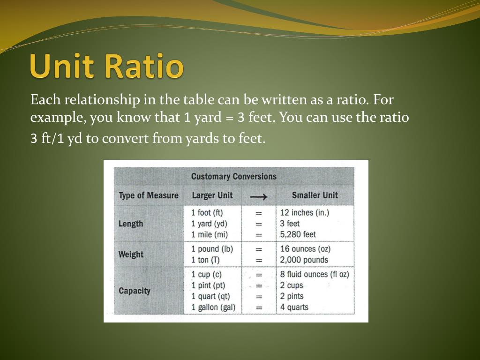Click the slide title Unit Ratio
tap(107, 67)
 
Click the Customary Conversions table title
tap(233, 177)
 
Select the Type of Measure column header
tap(149, 195)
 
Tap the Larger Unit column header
tap(212, 195)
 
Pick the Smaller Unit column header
tap(315, 195)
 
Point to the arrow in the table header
tap(258, 196)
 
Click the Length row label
tap(131, 224)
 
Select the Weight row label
tap(131, 255)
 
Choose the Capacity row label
tap(135, 291)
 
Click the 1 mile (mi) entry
tap(210, 234)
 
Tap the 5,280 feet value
tap(298, 234)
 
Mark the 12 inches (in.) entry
tap(305, 213)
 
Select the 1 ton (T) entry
tap(206, 260)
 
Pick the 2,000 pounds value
tap(304, 260)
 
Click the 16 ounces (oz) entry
tap(305, 249)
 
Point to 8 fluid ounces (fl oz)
tap(315, 274)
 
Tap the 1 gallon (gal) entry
tap(213, 307)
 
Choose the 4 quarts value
tap(294, 307)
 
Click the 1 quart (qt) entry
tap(210, 296)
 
